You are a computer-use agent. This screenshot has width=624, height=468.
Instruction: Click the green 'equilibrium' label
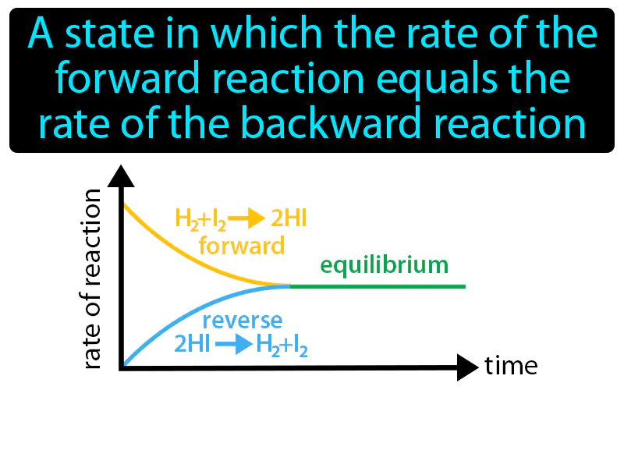click(384, 265)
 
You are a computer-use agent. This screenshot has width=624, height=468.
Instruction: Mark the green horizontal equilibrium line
click(378, 286)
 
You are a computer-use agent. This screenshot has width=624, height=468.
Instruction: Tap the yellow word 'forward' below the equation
click(241, 246)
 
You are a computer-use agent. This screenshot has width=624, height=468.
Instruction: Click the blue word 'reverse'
click(242, 321)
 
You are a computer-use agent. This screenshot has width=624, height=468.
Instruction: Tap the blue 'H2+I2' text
click(282, 346)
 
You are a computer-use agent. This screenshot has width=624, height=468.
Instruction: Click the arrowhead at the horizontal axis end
click(467, 367)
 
